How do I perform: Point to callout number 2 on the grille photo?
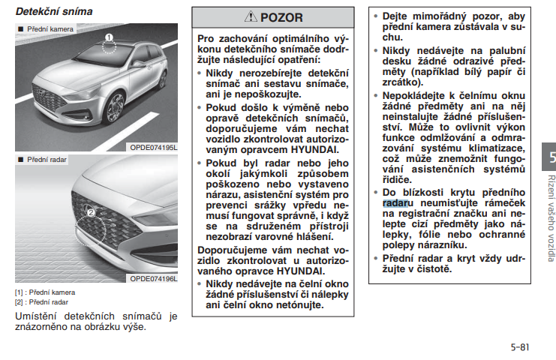click(x=91, y=213)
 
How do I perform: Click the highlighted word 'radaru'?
click(x=395, y=202)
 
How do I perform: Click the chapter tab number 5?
click(x=551, y=158)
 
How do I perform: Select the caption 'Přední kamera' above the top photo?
click(x=50, y=28)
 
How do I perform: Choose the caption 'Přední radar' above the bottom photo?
click(x=47, y=160)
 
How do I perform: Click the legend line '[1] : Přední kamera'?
click(x=45, y=292)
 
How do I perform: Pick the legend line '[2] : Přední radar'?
click(x=42, y=301)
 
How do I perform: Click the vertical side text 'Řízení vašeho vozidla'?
click(x=551, y=218)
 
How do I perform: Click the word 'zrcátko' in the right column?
click(x=403, y=81)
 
